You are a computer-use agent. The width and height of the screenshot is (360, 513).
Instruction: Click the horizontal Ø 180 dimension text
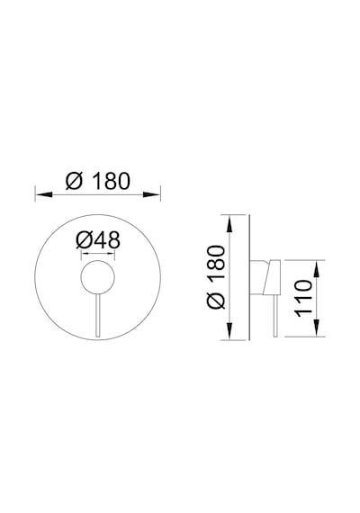click(x=98, y=181)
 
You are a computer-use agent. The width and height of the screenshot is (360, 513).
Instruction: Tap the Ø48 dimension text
click(x=98, y=240)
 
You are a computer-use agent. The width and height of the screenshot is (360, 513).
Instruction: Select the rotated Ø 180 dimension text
click(x=216, y=277)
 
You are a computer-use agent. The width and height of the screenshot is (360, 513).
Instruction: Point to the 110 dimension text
click(x=304, y=298)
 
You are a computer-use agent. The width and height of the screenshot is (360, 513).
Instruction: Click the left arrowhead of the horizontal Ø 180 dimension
click(x=44, y=194)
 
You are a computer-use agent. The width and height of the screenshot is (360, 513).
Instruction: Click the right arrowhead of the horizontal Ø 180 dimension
click(x=152, y=194)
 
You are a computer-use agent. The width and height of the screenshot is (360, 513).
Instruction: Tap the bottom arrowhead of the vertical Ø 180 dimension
click(x=230, y=331)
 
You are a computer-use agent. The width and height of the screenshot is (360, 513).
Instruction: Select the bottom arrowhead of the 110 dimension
click(x=317, y=328)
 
